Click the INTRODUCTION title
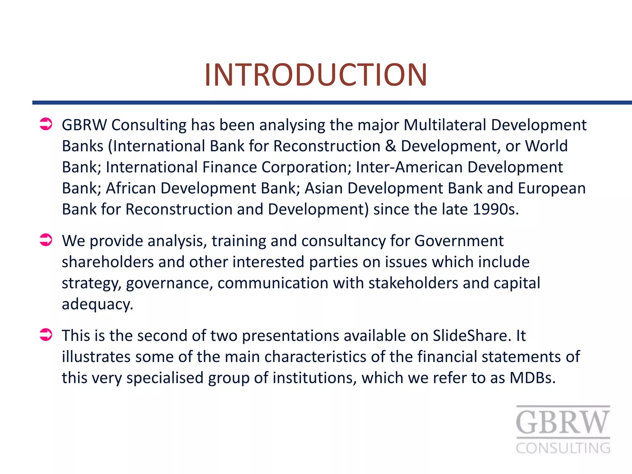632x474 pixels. click(x=316, y=75)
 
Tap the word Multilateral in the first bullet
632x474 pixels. click(x=445, y=125)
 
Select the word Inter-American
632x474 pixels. click(x=409, y=167)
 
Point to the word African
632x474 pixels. click(x=131, y=188)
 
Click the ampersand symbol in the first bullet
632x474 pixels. click(x=391, y=146)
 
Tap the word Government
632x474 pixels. click(x=459, y=241)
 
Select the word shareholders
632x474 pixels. click(x=108, y=262)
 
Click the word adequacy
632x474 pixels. click(x=97, y=304)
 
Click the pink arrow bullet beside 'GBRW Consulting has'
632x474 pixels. click(x=46, y=124)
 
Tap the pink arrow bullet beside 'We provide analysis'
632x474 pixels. click(x=46, y=240)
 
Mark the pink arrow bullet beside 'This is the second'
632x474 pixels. click(x=46, y=335)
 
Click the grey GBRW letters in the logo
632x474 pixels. click(x=563, y=422)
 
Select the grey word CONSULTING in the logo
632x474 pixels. click(x=563, y=448)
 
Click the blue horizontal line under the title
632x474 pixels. click(x=332, y=102)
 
